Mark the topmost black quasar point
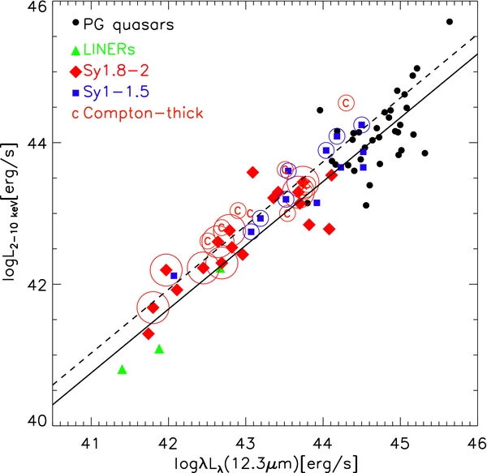click(x=450, y=22)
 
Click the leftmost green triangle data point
click(x=122, y=369)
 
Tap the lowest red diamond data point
click(x=149, y=333)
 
